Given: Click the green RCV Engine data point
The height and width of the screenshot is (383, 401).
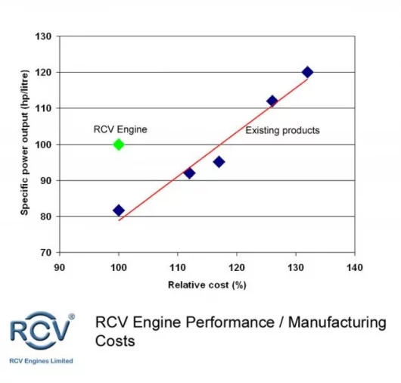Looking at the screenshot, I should pyautogui.click(x=119, y=144).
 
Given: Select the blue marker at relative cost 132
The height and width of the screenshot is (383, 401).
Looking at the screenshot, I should pyautogui.click(x=307, y=72).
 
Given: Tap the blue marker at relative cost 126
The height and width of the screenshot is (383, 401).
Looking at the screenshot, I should pyautogui.click(x=272, y=101).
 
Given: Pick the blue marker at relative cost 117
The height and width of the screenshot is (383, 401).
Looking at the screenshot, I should pyautogui.click(x=219, y=161).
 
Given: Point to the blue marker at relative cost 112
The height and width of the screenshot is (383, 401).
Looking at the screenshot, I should pyautogui.click(x=189, y=173).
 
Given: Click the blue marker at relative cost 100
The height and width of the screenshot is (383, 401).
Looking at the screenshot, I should pyautogui.click(x=119, y=210).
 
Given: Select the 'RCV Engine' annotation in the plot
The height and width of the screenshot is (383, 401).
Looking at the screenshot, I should pyautogui.click(x=120, y=129).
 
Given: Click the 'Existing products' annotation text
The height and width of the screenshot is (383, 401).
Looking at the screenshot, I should pyautogui.click(x=282, y=130).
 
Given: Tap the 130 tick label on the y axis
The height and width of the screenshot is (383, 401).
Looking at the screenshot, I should pyautogui.click(x=45, y=36).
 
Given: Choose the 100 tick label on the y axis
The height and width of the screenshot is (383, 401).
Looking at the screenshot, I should pyautogui.click(x=45, y=144).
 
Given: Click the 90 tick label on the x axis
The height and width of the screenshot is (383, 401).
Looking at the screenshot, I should pyautogui.click(x=60, y=267).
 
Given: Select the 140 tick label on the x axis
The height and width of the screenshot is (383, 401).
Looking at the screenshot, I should pyautogui.click(x=354, y=267).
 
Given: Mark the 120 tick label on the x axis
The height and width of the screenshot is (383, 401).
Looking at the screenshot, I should pyautogui.click(x=236, y=267).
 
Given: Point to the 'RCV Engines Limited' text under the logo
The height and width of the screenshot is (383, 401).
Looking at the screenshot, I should pyautogui.click(x=41, y=361).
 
